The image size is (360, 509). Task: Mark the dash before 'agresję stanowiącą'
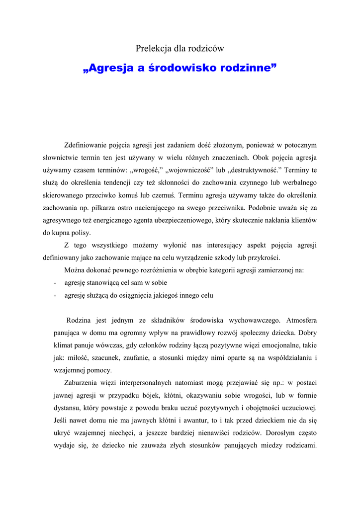click(54, 282)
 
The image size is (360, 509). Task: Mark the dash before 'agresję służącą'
click(54, 295)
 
